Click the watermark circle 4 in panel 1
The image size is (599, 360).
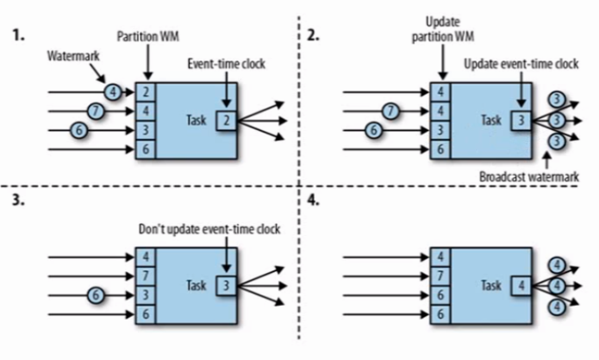pos(112,90)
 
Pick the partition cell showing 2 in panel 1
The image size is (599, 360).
pos(147,90)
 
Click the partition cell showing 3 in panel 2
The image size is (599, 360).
pos(440,130)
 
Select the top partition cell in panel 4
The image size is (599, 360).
pos(440,256)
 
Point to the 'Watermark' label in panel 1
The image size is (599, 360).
pos(73,57)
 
